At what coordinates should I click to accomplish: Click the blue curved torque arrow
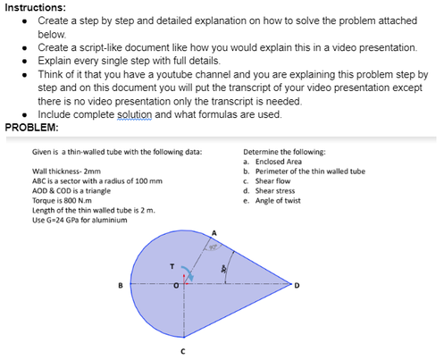[x=188, y=274]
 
